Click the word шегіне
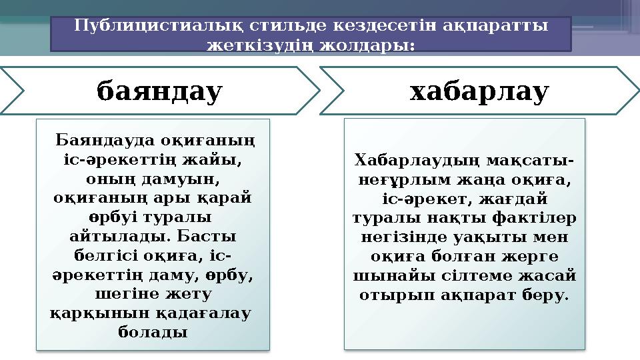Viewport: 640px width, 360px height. pos(123,294)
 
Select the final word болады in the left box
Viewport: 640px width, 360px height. pos(152,332)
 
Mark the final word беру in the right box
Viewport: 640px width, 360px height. pos(549,294)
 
